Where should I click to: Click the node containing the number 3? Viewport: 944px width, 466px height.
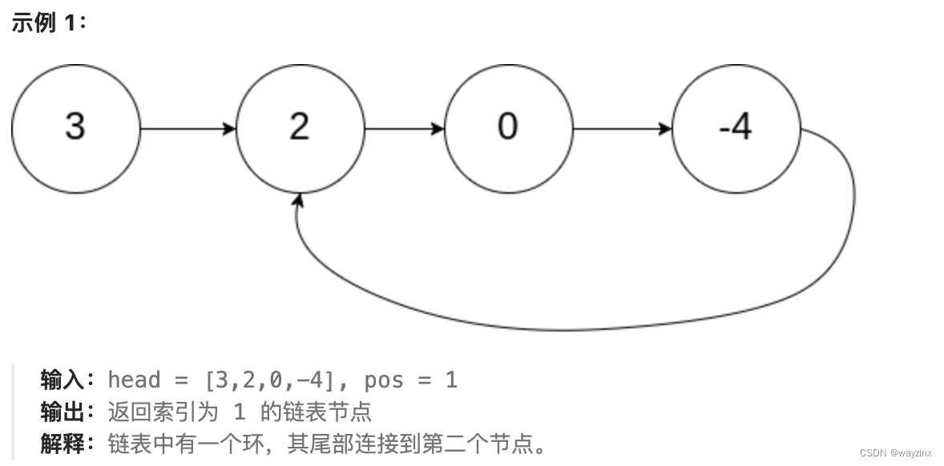[x=75, y=128]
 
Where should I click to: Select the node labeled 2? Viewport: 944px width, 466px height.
[x=300, y=128]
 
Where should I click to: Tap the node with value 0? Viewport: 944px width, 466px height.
[x=508, y=128]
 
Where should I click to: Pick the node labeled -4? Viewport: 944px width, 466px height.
[x=736, y=128]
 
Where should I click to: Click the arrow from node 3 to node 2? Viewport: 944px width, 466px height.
[x=188, y=128]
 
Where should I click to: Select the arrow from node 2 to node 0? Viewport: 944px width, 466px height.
[x=404, y=128]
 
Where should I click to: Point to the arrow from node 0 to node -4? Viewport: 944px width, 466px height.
[x=622, y=128]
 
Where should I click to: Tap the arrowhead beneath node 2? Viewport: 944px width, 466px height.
[x=300, y=199]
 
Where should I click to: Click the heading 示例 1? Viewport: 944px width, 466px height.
[x=48, y=22]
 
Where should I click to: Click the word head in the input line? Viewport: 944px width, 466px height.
[x=134, y=380]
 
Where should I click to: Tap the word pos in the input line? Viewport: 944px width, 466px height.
[x=384, y=380]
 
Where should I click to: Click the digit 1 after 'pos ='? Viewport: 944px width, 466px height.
[x=451, y=380]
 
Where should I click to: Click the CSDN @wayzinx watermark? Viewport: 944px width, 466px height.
[x=895, y=452]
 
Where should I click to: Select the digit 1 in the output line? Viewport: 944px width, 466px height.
[x=239, y=412]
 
